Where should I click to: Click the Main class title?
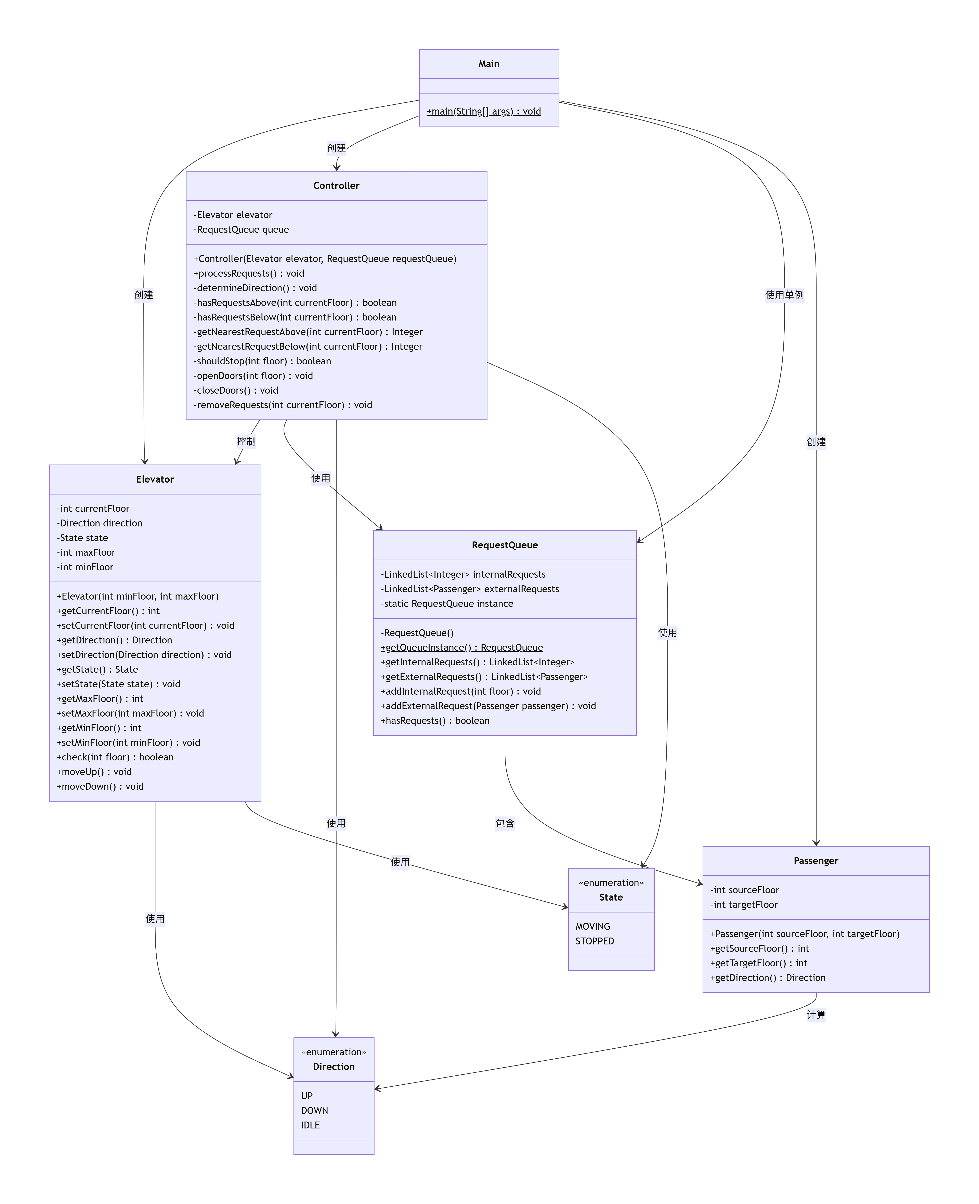coord(488,64)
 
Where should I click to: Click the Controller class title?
coord(336,185)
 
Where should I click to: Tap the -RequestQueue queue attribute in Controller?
coord(241,230)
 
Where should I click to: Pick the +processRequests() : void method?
coord(249,274)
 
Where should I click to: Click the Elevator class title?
coord(155,479)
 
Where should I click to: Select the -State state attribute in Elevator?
coord(82,538)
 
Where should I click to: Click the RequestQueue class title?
coord(504,545)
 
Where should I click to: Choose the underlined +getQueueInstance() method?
coord(461,647)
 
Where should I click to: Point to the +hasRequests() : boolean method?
coord(435,721)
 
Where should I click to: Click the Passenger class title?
coord(815,861)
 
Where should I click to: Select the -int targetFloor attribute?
coord(744,905)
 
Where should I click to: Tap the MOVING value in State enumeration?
coord(593,927)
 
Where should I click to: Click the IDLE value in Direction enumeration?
coord(310,1125)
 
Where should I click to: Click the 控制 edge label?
coord(246,441)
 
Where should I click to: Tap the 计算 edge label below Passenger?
coord(815,1015)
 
